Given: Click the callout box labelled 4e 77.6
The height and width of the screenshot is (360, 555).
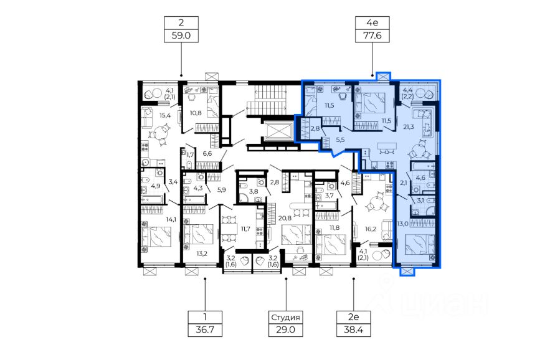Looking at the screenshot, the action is click(372, 29).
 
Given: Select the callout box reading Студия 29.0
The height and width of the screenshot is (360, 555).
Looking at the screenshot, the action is click(286, 323).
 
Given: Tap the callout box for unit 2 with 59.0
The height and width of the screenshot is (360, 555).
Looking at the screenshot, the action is click(181, 29).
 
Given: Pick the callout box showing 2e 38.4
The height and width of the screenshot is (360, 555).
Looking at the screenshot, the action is click(354, 323).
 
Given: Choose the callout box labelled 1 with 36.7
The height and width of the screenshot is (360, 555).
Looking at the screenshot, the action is click(205, 323).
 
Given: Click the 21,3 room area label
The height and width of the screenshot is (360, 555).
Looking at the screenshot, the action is click(409, 126).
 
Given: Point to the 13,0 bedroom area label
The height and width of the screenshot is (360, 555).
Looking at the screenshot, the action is click(402, 224).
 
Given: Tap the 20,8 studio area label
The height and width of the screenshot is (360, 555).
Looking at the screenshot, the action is click(285, 218).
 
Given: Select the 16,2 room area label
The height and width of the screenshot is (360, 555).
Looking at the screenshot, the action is click(371, 229).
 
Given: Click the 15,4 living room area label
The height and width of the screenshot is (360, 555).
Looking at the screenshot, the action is click(165, 115).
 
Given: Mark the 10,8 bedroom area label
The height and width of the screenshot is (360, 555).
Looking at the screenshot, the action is click(196, 113).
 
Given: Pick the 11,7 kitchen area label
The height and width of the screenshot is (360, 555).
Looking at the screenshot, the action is click(245, 229).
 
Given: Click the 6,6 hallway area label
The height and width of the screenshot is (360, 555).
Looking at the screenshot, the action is click(207, 153).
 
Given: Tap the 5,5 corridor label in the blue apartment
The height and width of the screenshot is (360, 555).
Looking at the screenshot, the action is click(340, 140).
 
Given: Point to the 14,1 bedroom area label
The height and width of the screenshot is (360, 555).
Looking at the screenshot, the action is click(171, 219).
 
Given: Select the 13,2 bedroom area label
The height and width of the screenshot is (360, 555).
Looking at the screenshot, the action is click(201, 253).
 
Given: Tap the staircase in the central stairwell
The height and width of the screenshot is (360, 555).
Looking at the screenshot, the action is click(265, 100).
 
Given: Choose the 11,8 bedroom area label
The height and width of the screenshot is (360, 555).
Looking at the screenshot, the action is click(334, 227).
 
